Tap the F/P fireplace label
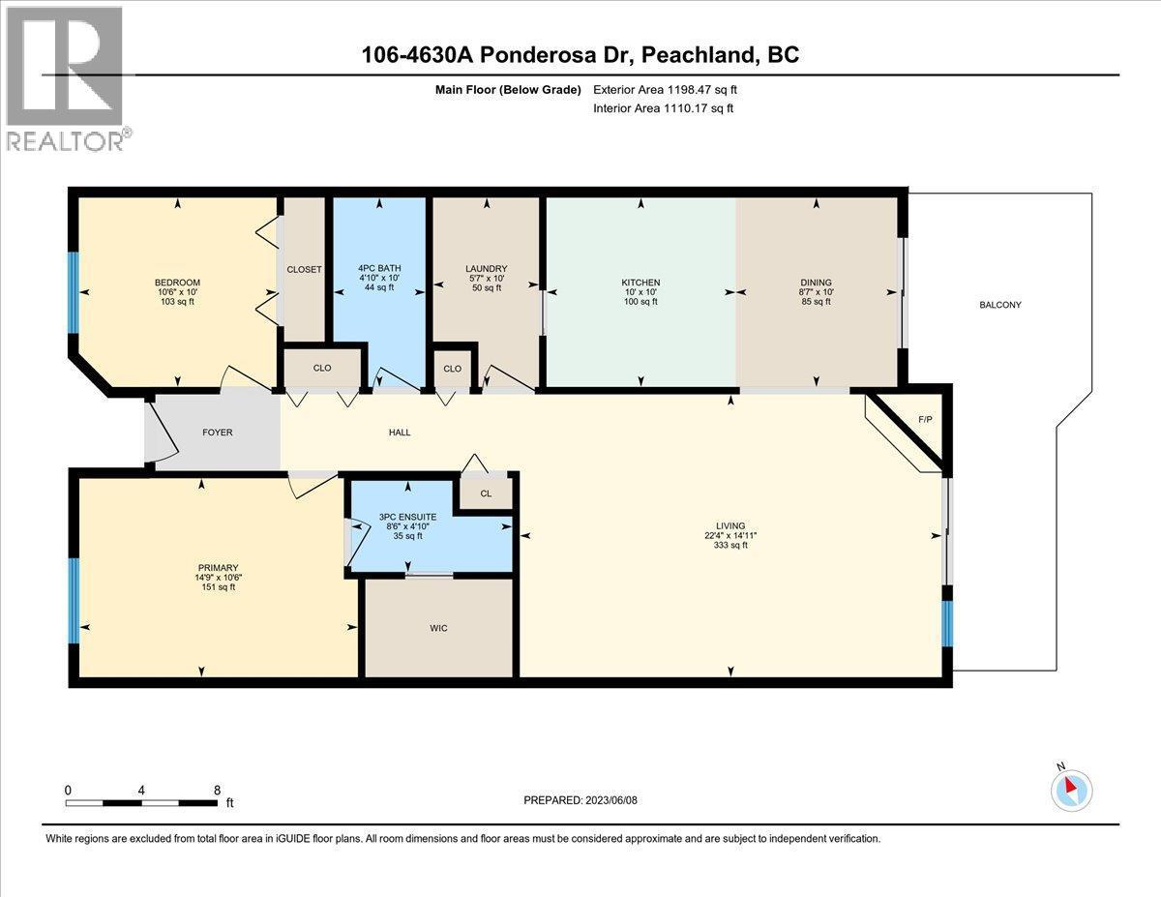[x=925, y=419]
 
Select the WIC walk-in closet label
[x=438, y=628]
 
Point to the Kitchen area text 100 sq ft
[x=640, y=302]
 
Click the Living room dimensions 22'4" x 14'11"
[x=730, y=535]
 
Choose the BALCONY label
[x=1000, y=305]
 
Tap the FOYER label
[x=218, y=433]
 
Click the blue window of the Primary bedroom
[x=74, y=601]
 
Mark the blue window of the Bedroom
[x=74, y=293]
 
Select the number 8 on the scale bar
[x=217, y=791]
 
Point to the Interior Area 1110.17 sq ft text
[x=663, y=108]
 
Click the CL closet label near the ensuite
[x=486, y=493]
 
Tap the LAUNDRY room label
[x=487, y=269]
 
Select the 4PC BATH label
[x=379, y=268]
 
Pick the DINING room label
[x=816, y=283]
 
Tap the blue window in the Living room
[x=947, y=624]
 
